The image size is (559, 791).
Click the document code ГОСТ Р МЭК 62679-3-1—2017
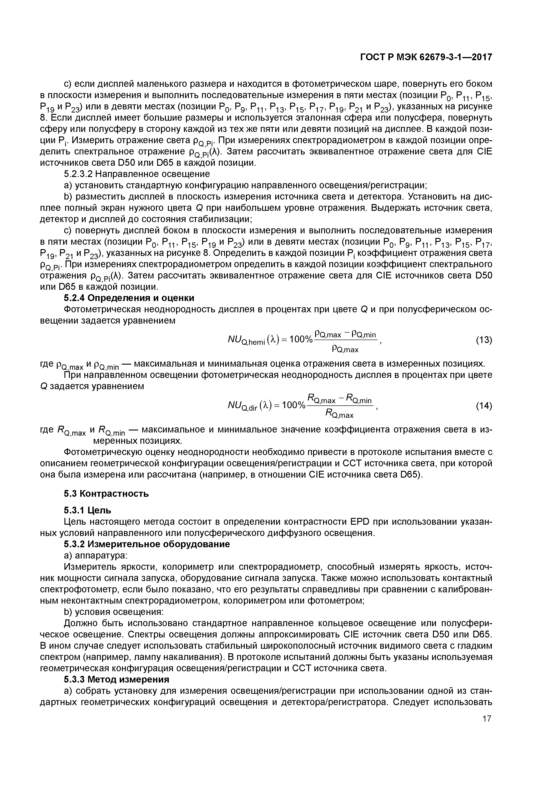click(x=426, y=57)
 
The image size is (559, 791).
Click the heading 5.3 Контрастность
click(x=106, y=494)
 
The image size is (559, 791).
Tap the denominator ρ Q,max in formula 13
click(x=345, y=349)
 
